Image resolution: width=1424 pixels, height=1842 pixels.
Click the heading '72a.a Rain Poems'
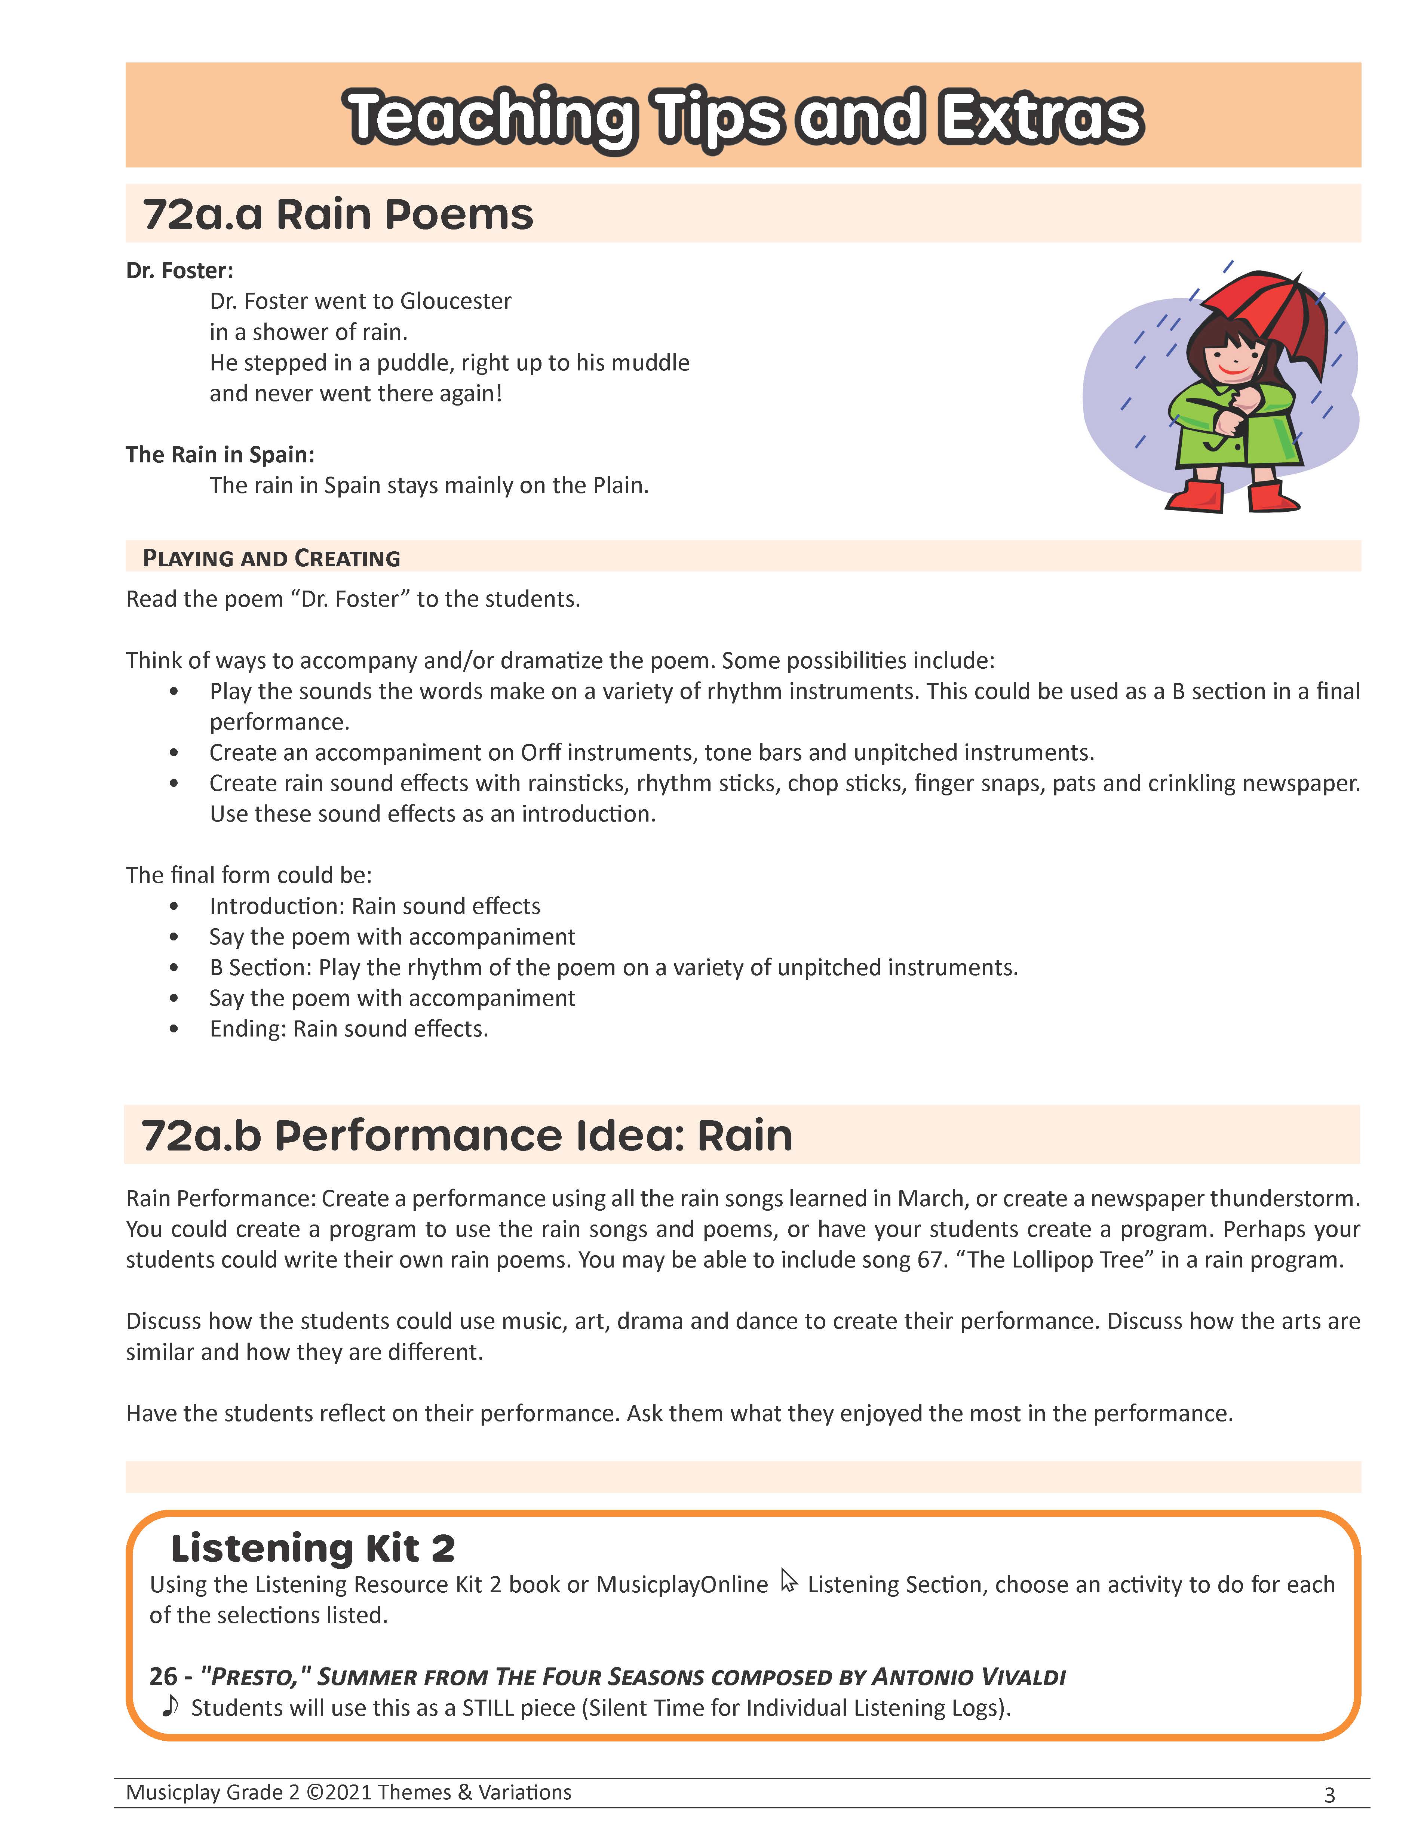click(x=337, y=214)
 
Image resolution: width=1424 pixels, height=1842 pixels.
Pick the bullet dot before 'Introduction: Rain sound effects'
click(x=174, y=907)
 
